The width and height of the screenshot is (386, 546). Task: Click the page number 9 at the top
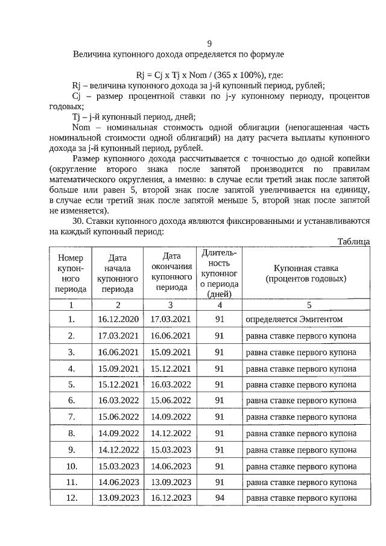coord(209,43)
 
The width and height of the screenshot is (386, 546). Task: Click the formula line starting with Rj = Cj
coord(209,75)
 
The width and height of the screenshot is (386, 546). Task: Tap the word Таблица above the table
coord(354,241)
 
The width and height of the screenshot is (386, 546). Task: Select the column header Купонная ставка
coord(306,273)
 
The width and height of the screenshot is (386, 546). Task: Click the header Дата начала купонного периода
coord(118,273)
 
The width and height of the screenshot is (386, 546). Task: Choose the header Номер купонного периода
coord(72,273)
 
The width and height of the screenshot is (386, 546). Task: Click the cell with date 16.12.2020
coord(118,319)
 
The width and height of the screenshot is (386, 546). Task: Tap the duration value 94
coord(220,497)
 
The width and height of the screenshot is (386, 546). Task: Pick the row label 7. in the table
coord(72,416)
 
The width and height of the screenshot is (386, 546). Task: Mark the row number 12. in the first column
coord(72,497)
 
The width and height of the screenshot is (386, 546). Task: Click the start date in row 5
coord(118,384)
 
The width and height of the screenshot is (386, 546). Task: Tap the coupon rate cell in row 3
coord(300,352)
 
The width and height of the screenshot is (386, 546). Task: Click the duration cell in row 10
coord(220,466)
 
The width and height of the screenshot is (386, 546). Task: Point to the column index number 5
coord(309,305)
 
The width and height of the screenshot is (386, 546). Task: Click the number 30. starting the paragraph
coord(79,221)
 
